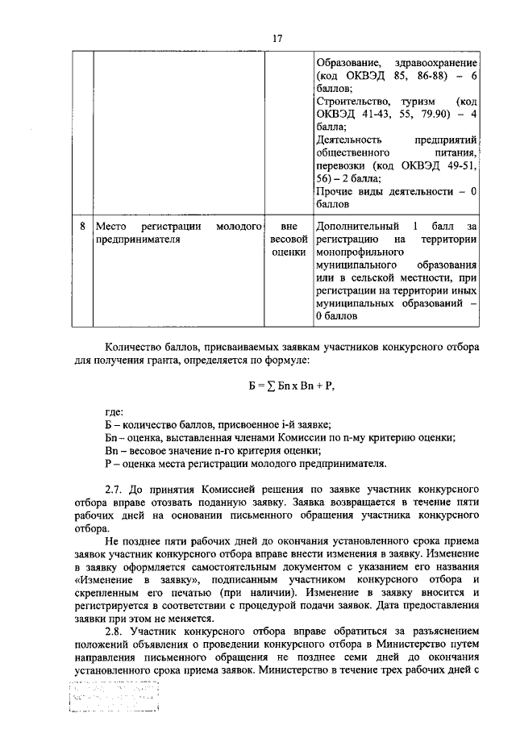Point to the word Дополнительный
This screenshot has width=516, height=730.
click(356, 226)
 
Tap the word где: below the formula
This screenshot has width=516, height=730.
click(114, 412)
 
